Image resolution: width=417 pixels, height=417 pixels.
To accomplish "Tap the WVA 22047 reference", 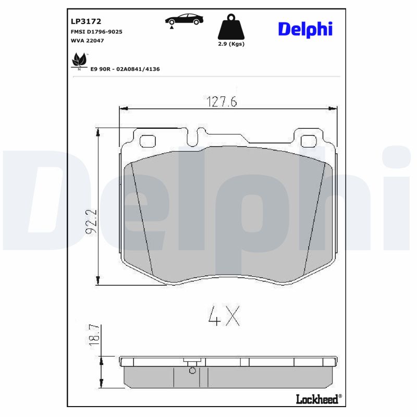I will point(87,41).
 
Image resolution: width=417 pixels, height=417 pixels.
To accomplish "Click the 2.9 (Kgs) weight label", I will point(231,44).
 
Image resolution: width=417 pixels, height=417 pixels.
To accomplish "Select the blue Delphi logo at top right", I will point(305,29).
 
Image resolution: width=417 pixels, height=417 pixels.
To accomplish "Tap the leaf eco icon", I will point(79,60).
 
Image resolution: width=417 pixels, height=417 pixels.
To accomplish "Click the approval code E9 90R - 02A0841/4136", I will point(132,68).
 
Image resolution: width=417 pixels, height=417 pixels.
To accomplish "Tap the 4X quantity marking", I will point(224,315).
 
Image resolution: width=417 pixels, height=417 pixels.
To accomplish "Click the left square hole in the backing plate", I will point(149,141).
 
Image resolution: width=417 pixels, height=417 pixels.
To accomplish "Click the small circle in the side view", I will point(192,371).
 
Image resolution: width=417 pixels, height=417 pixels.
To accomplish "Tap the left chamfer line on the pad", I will point(141,219).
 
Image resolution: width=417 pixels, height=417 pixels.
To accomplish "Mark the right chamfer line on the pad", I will point(314,219).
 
